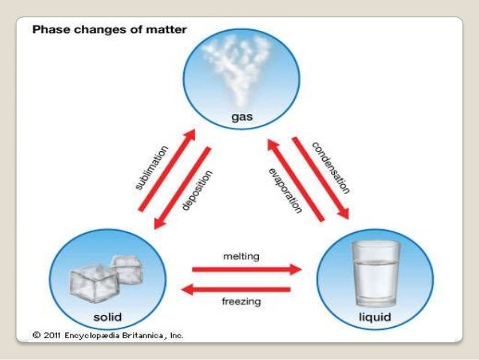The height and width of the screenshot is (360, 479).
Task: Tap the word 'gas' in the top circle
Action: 241,118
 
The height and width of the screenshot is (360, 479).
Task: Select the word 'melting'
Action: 241,256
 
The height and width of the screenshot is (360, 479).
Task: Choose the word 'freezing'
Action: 241,302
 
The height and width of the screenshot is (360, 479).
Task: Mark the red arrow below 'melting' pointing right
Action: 246,268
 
